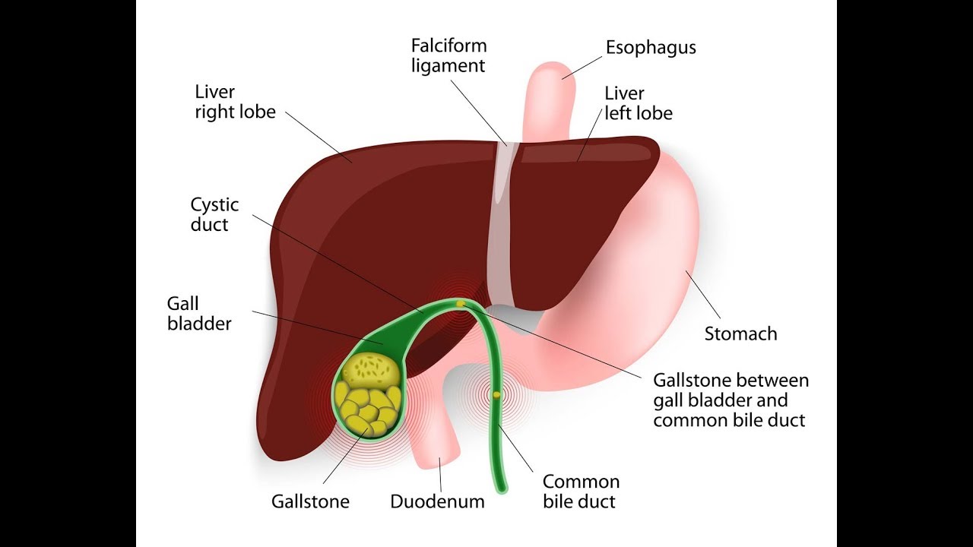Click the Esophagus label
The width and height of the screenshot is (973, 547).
(651, 48)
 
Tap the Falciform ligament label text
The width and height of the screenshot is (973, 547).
(448, 55)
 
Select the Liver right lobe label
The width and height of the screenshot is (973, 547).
(235, 103)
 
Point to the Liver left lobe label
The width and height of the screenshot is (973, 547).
(639, 103)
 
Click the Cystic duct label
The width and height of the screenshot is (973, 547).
(214, 214)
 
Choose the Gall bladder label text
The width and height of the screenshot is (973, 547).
(199, 314)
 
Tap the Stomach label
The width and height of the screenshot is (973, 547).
(740, 334)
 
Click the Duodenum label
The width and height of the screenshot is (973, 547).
(437, 501)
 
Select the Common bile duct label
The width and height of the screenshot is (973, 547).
(581, 492)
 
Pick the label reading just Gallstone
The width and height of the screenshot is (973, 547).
(310, 501)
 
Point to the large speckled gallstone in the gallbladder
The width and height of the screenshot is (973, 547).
(370, 370)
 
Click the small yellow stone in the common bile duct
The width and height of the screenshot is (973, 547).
(497, 394)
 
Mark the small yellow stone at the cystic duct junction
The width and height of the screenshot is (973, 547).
(461, 304)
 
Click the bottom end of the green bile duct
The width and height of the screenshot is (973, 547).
(500, 486)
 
